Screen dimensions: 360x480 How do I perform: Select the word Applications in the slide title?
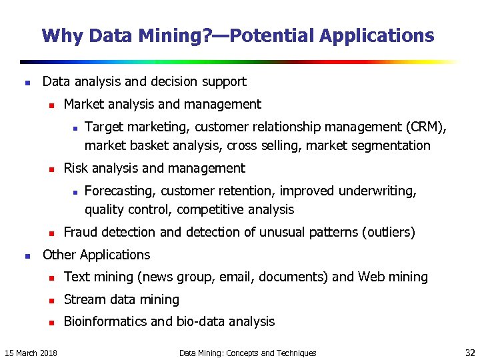click(377, 35)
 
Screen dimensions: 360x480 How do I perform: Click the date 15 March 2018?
click(31, 353)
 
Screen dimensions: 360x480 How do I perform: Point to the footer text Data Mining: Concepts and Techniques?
click(247, 353)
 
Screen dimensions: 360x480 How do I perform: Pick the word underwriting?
click(377, 191)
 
